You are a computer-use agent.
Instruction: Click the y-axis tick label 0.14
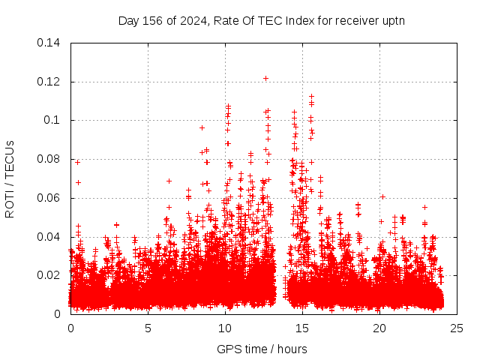(50, 43)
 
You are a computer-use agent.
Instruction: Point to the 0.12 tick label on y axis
(50, 82)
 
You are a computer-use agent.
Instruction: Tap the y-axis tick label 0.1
(53, 120)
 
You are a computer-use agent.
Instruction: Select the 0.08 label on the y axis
(50, 159)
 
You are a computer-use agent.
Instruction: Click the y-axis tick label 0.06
(50, 198)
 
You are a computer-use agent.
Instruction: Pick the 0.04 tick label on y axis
(50, 237)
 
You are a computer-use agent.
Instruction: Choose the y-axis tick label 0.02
(50, 275)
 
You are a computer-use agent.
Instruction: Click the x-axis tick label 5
(148, 328)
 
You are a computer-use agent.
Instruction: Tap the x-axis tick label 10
(225, 328)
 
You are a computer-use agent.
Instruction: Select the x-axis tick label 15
(302, 328)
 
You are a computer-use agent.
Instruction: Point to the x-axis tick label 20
(379, 328)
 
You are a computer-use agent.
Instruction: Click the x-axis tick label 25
(457, 328)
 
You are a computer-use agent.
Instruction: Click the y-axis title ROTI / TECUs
(10, 178)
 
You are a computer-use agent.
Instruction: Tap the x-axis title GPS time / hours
(262, 349)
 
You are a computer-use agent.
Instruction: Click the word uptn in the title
(394, 20)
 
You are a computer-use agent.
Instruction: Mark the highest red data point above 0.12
(265, 78)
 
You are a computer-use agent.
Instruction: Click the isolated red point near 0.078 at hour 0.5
(77, 162)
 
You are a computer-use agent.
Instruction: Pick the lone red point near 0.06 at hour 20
(382, 196)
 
